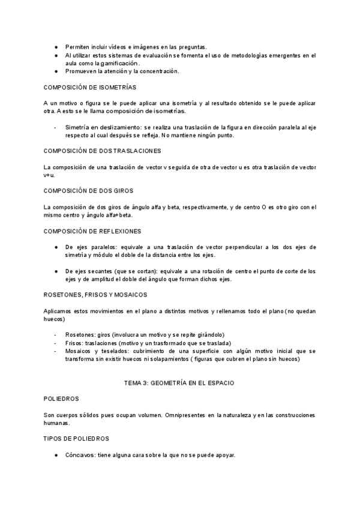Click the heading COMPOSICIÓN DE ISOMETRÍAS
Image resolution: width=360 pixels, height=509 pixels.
point(89,87)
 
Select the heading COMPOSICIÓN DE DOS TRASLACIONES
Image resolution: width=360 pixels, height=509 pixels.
point(102,150)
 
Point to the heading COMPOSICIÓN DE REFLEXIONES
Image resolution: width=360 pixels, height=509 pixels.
point(92,230)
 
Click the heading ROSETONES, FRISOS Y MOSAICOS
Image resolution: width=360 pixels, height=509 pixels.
point(95,295)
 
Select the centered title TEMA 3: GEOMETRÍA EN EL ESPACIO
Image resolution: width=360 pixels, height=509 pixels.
point(179,382)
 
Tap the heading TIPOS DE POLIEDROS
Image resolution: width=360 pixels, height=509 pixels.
point(76,439)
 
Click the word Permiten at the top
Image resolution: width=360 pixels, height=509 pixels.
point(79,47)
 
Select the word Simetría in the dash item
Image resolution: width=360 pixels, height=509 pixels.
point(79,127)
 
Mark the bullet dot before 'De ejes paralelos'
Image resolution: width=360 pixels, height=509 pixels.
point(55,247)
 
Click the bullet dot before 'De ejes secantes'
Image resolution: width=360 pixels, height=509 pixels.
point(55,271)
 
